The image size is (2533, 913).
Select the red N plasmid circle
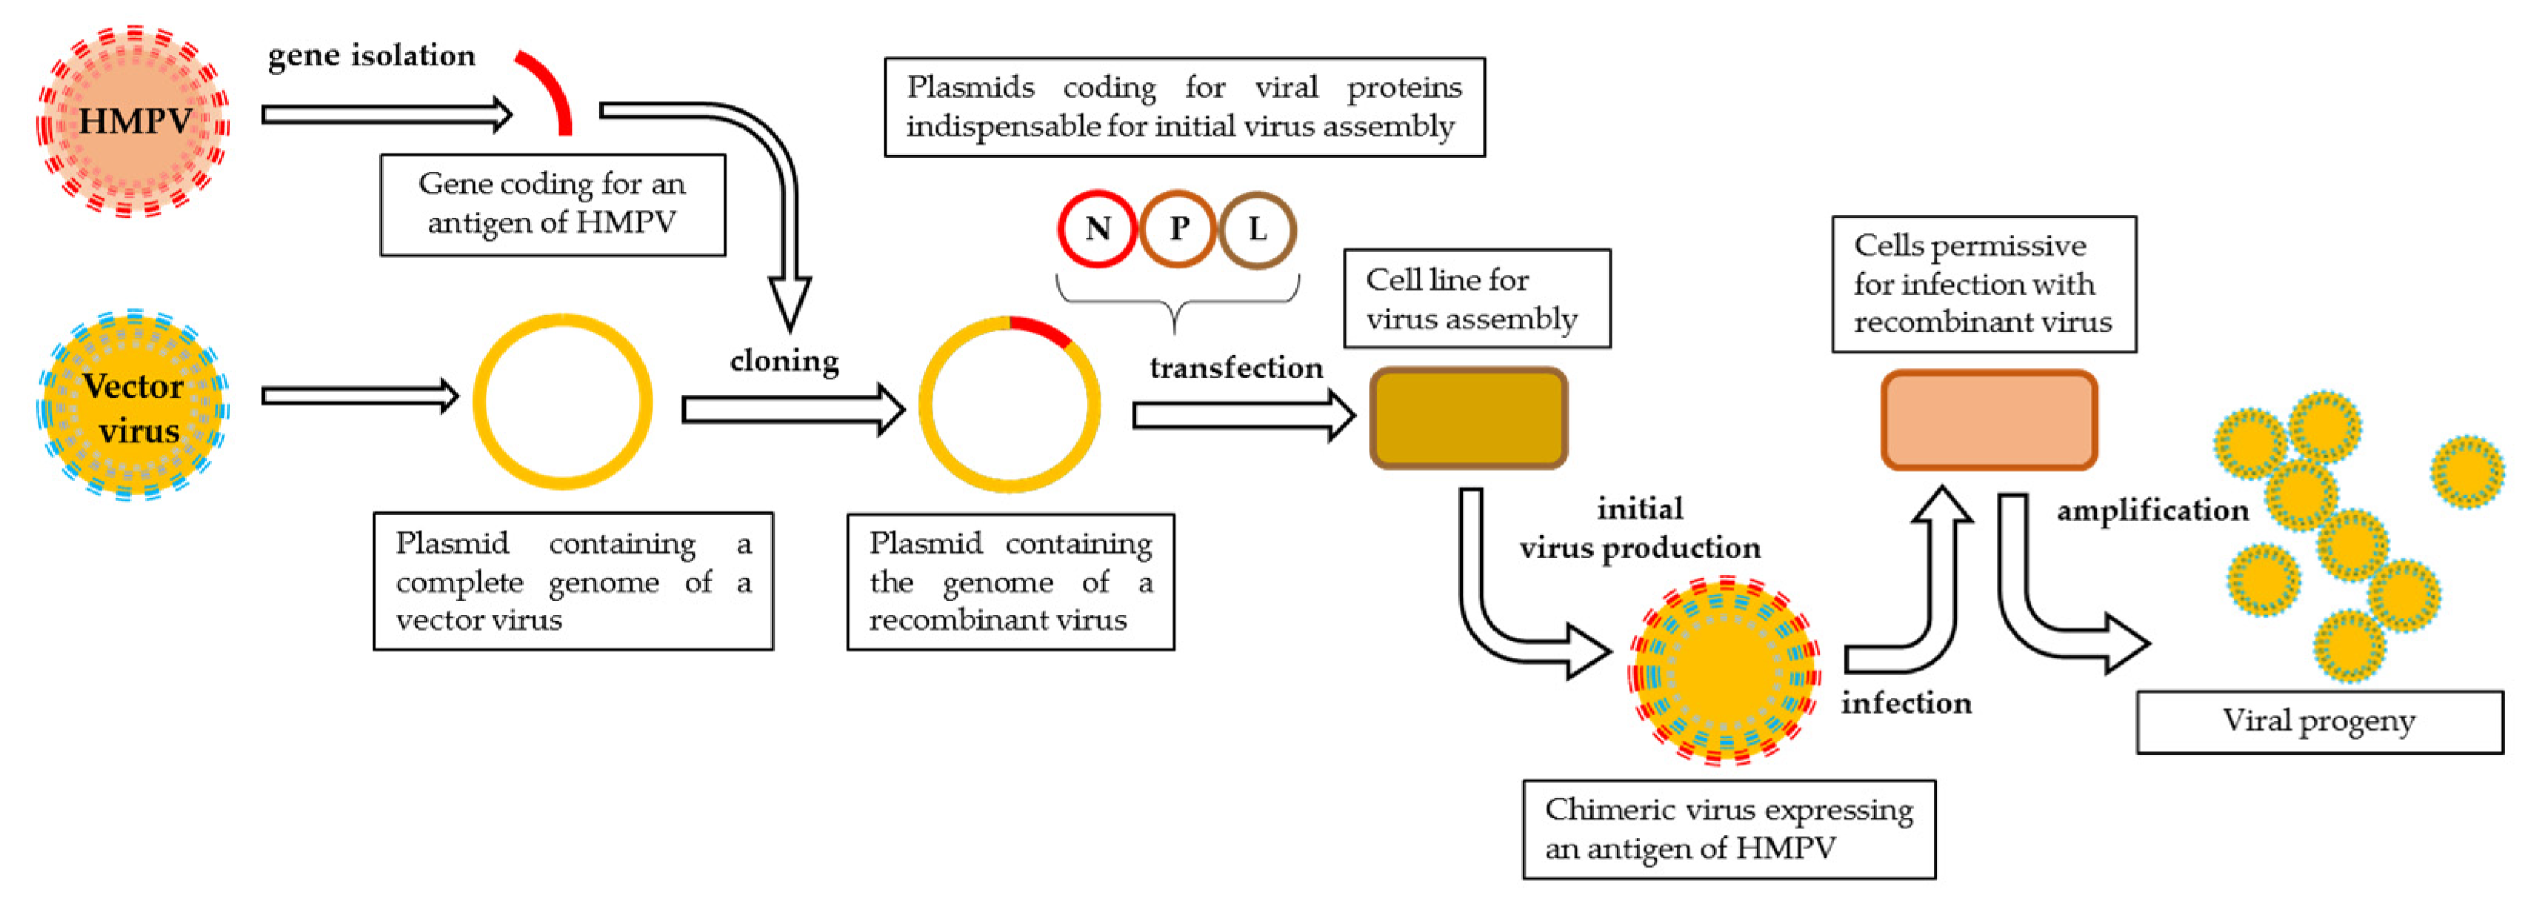[x=1097, y=229]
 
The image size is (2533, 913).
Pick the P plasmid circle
[x=1178, y=229]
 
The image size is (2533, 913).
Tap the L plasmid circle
[x=1257, y=229]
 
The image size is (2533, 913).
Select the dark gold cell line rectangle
[x=1468, y=418]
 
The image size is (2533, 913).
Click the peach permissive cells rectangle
[x=1988, y=420]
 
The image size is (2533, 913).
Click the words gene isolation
[x=372, y=56]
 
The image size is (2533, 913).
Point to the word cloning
[x=784, y=361]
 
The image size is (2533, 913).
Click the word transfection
[x=1236, y=368]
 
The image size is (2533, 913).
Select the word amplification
[x=2152, y=510]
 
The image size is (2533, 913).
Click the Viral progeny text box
[x=2318, y=721]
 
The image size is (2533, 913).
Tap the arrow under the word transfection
[x=1241, y=415]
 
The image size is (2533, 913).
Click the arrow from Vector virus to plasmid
[x=359, y=396]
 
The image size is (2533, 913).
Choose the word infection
[x=1906, y=703]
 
